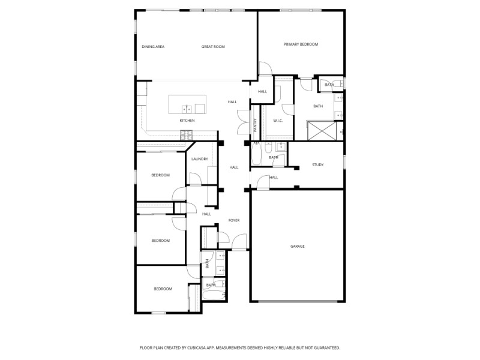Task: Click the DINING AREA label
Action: pyautogui.click(x=153, y=47)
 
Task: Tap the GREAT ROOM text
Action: pyautogui.click(x=213, y=47)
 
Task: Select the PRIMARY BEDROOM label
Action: pyautogui.click(x=301, y=44)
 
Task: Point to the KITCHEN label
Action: pyautogui.click(x=187, y=121)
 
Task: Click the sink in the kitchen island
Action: pyautogui.click(x=187, y=109)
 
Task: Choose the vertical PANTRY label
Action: pyautogui.click(x=255, y=125)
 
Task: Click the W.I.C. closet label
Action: pyautogui.click(x=278, y=121)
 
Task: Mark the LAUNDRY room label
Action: pyautogui.click(x=200, y=159)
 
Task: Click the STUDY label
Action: pyautogui.click(x=317, y=165)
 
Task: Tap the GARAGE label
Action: pyautogui.click(x=298, y=246)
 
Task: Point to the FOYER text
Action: pyautogui.click(x=234, y=220)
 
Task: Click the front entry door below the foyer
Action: pyautogui.click(x=239, y=244)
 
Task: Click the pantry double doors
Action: pyautogui.click(x=242, y=122)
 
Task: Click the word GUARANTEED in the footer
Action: pyautogui.click(x=325, y=347)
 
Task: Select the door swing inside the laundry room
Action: pyautogui.click(x=195, y=179)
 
